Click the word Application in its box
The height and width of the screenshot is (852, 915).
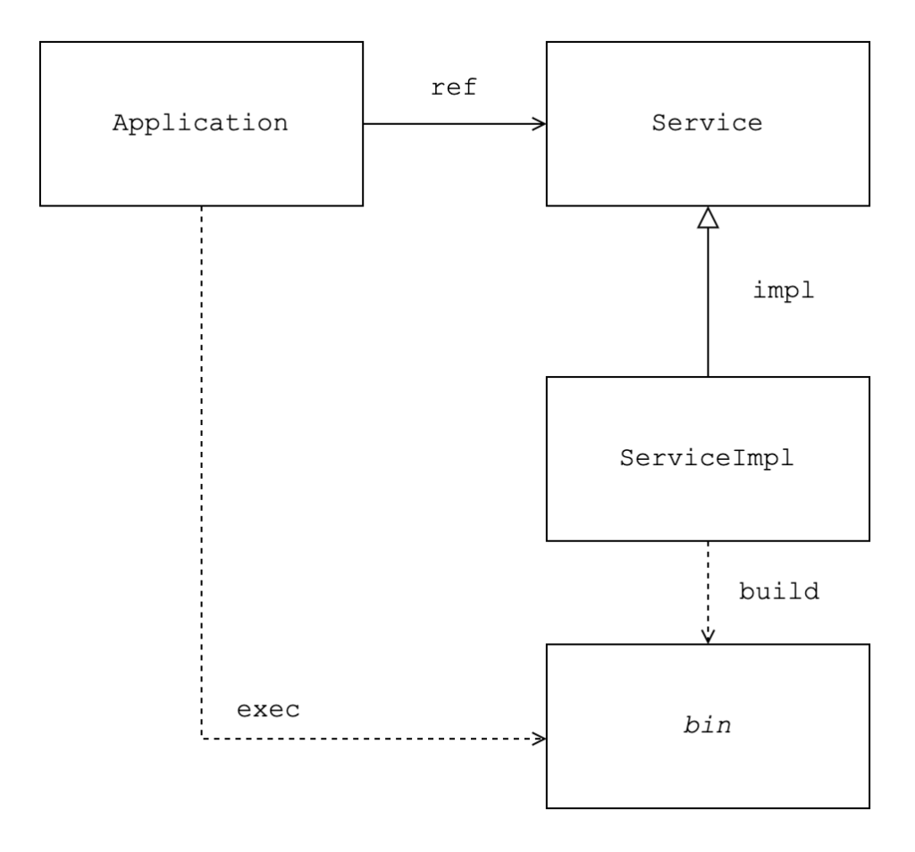point(200,123)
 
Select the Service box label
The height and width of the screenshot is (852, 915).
point(707,123)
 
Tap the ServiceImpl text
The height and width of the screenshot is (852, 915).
point(707,458)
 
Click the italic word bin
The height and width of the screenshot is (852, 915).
point(708,725)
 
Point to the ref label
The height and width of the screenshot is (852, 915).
point(454,88)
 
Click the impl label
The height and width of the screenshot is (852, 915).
point(783,290)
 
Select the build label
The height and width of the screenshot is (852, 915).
point(779,591)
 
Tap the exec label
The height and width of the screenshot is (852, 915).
point(268,710)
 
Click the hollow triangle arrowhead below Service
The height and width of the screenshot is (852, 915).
point(708,218)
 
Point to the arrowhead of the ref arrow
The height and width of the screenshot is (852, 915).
point(541,123)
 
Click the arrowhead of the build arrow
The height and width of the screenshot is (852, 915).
point(708,638)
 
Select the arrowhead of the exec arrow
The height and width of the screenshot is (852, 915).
point(541,739)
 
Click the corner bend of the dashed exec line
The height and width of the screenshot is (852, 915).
point(201,739)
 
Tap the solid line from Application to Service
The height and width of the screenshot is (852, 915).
point(455,123)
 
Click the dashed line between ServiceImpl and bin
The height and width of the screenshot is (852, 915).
point(708,592)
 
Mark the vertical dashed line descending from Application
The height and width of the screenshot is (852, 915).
point(201,472)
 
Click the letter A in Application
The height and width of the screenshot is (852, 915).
point(121,123)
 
